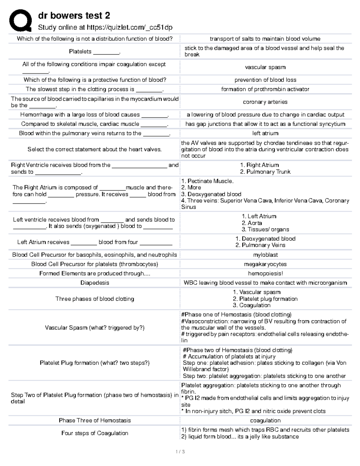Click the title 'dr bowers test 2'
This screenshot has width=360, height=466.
point(74,16)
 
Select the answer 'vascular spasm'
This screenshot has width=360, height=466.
point(265,67)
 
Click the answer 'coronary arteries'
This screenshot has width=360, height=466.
point(265,102)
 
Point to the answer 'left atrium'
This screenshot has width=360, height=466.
point(265,133)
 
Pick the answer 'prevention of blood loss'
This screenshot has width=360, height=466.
point(265,80)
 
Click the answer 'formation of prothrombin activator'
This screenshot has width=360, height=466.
point(265,89)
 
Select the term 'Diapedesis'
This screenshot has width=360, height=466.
point(94,283)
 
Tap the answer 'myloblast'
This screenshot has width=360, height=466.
point(265,255)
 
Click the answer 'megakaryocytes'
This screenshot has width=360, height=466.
point(265,264)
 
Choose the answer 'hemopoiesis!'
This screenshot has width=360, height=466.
point(265,273)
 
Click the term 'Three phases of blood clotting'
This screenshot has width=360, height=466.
point(94,299)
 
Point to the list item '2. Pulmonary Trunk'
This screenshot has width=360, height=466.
point(265,172)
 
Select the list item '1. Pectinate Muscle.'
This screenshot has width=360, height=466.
point(207,181)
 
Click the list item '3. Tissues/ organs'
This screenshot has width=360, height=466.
point(265,229)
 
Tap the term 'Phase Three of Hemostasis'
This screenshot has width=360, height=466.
point(94,420)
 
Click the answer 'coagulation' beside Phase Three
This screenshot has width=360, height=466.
point(265,420)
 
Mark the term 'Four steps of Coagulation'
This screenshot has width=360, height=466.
point(94,433)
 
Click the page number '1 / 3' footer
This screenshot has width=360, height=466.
point(180,451)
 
